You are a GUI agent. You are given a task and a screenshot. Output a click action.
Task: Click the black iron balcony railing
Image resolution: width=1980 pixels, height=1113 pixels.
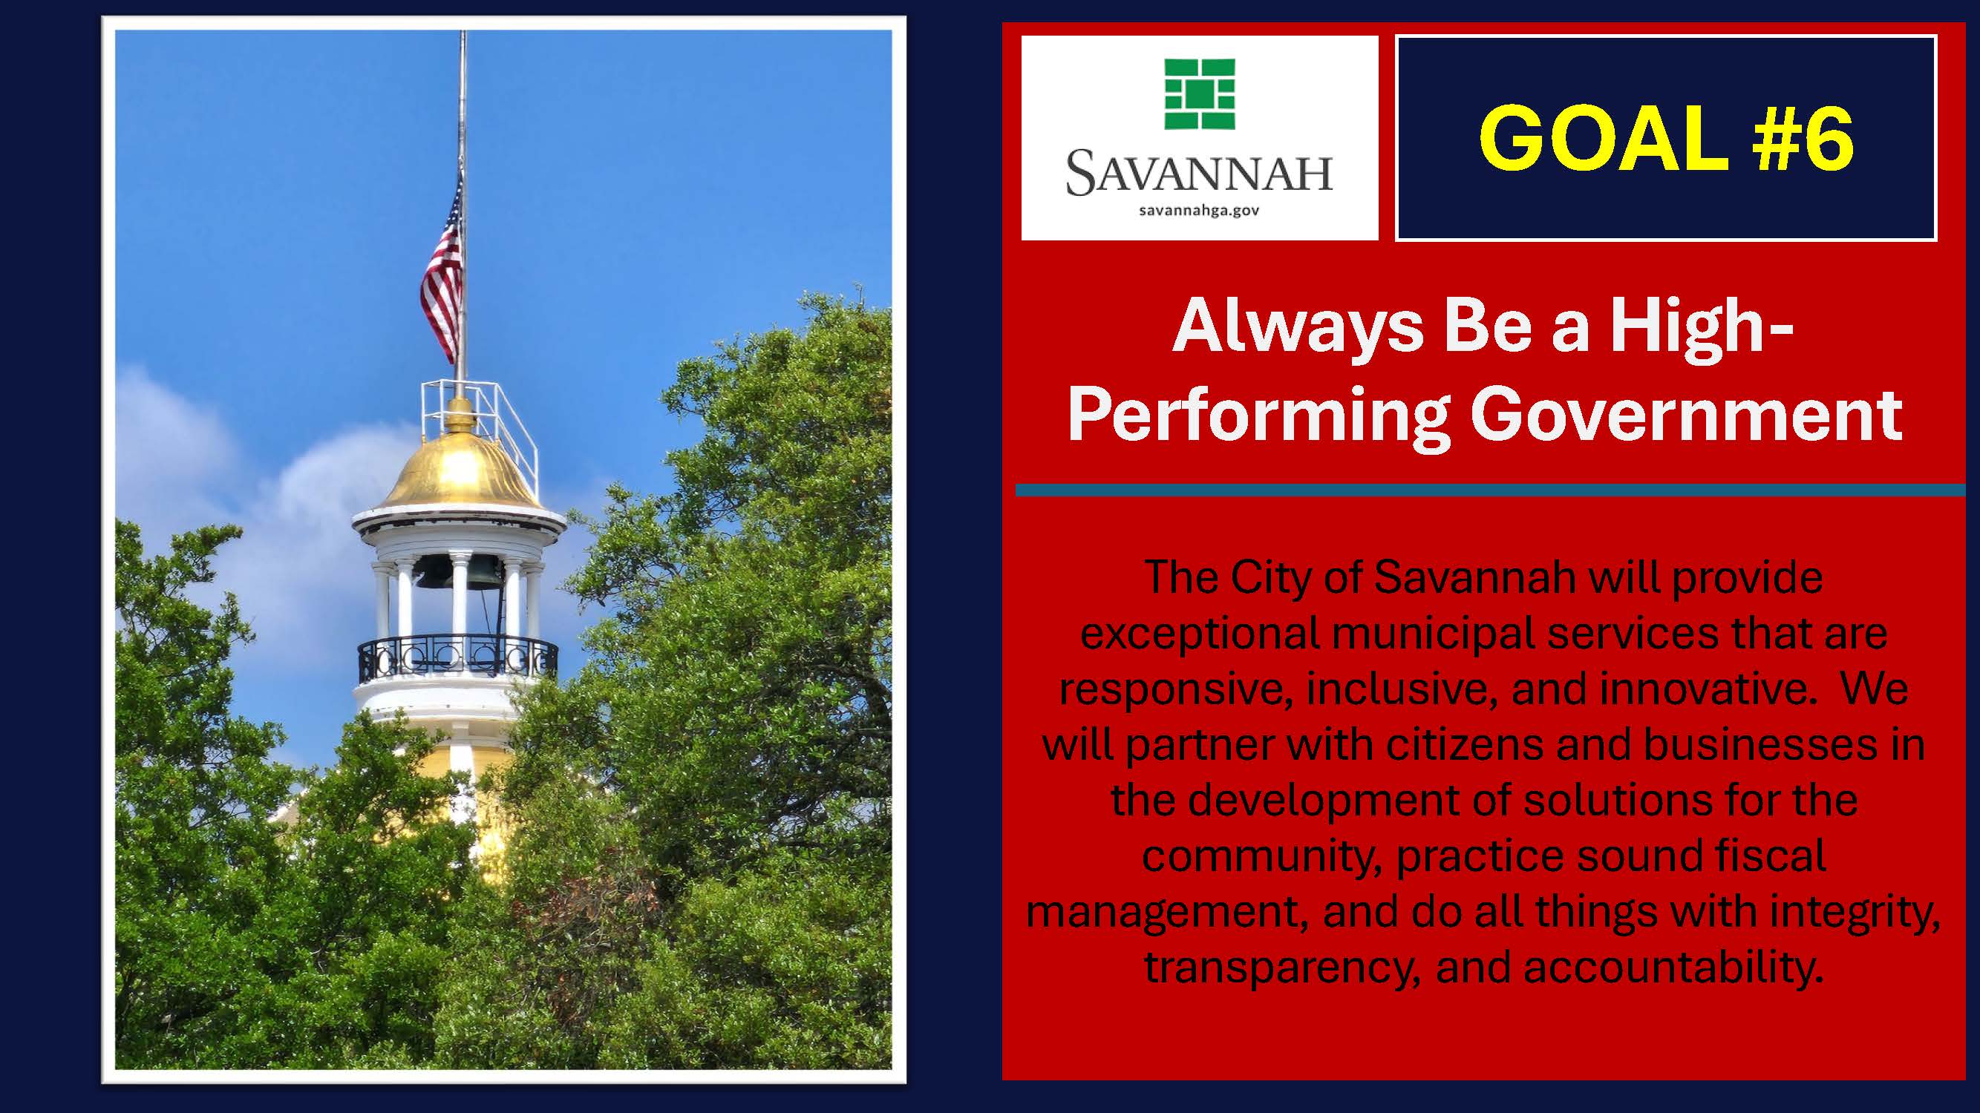[458, 657]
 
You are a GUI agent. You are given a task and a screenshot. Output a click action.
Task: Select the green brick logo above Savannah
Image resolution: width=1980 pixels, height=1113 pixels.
[1200, 93]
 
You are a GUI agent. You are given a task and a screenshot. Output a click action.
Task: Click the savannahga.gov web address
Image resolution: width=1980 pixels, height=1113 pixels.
[1199, 210]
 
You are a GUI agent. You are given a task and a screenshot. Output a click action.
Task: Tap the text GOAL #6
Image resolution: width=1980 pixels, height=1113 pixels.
[1666, 138]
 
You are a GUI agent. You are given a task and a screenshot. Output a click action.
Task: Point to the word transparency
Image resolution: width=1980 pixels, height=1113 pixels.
[1281, 968]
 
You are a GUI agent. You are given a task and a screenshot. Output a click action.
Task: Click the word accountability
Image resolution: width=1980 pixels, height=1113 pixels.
[1673, 967]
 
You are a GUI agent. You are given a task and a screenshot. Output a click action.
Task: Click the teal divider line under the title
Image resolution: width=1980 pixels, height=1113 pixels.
[1490, 490]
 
